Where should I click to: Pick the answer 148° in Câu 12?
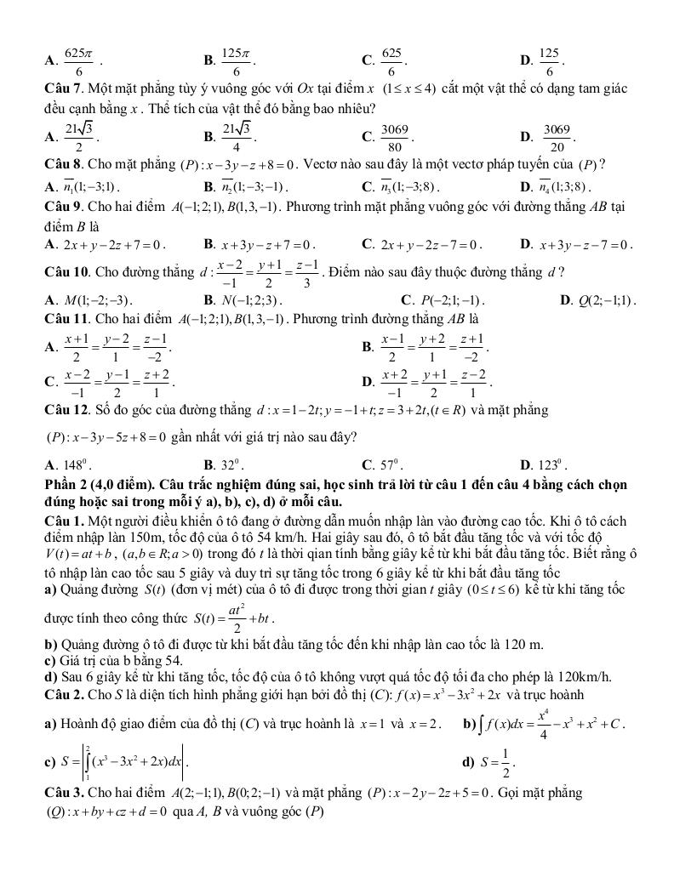click(x=72, y=465)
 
